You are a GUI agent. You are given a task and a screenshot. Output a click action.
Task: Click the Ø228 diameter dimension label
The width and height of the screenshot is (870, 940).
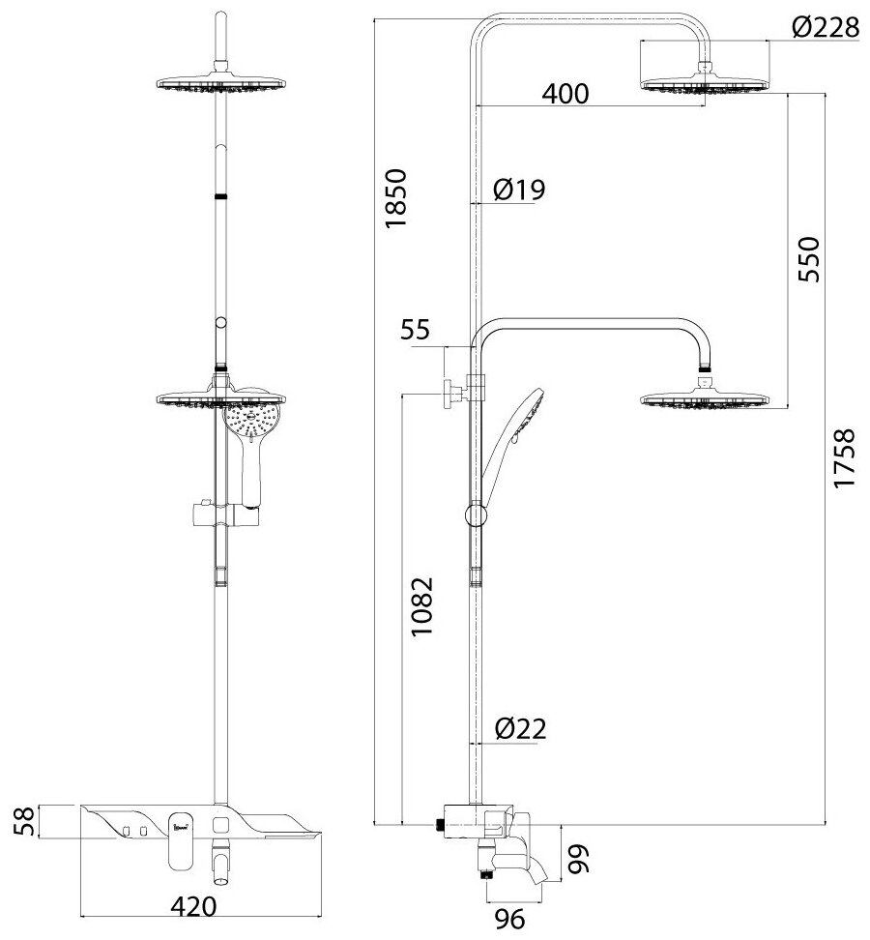click(825, 28)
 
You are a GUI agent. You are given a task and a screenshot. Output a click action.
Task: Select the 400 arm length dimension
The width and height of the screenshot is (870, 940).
click(565, 94)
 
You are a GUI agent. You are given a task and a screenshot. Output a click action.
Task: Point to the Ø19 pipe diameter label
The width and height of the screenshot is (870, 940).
click(519, 191)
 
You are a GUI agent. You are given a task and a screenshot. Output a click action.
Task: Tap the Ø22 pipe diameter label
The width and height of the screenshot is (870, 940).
click(520, 730)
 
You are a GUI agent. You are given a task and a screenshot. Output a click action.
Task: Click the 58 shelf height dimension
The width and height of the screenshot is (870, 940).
click(29, 822)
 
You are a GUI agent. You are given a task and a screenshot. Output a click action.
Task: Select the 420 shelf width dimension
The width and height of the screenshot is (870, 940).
click(191, 907)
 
